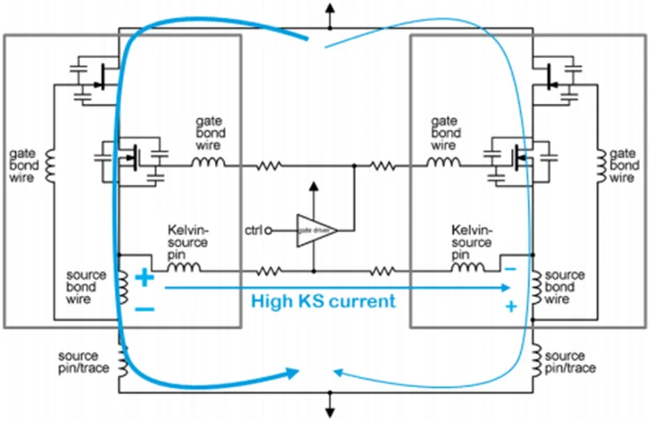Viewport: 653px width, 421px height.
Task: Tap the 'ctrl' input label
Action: tap(255, 231)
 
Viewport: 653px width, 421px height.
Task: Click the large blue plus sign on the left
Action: tap(145, 278)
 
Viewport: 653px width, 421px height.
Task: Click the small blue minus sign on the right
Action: tap(509, 267)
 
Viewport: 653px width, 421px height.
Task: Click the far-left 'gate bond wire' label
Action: tap(25, 165)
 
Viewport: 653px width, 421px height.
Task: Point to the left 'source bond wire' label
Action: tap(86, 286)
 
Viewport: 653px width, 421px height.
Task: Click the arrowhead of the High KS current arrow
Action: tap(506, 287)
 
